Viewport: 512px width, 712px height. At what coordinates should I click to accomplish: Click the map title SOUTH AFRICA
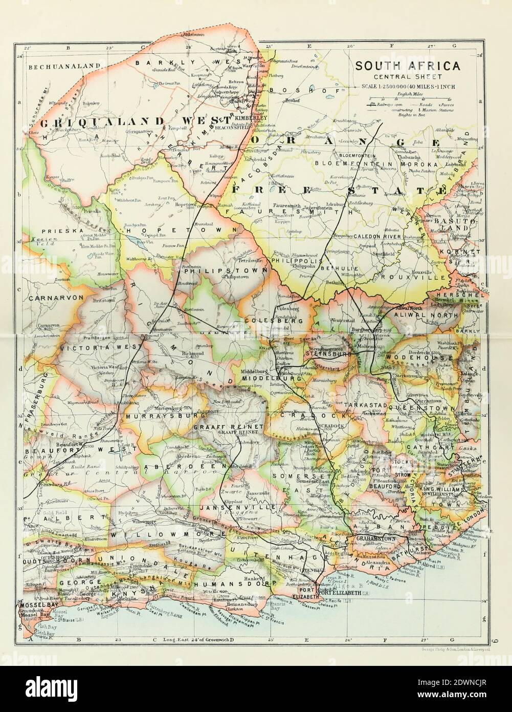408,66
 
